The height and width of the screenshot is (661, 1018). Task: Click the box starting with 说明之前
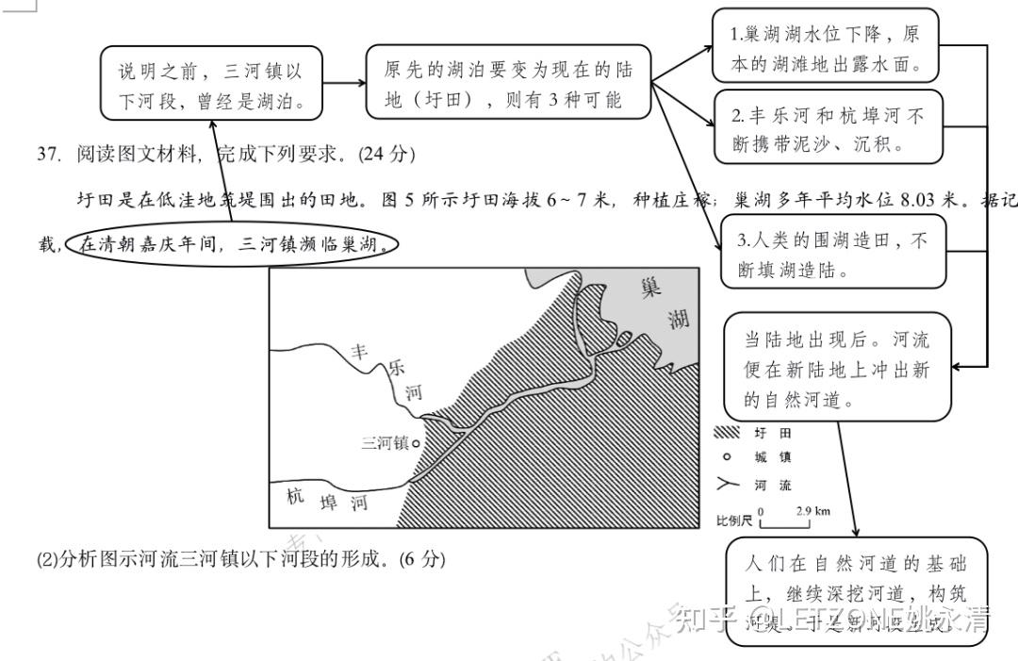tap(215, 85)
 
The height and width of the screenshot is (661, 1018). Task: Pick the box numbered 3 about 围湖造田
tap(833, 255)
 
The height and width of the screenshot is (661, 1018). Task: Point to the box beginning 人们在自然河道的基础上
tap(857, 591)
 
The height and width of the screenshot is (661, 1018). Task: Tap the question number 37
tap(48, 154)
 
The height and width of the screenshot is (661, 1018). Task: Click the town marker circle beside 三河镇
tap(416, 441)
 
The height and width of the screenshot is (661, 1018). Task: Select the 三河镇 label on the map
tap(385, 442)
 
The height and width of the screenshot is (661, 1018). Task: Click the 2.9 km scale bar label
tap(813, 510)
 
